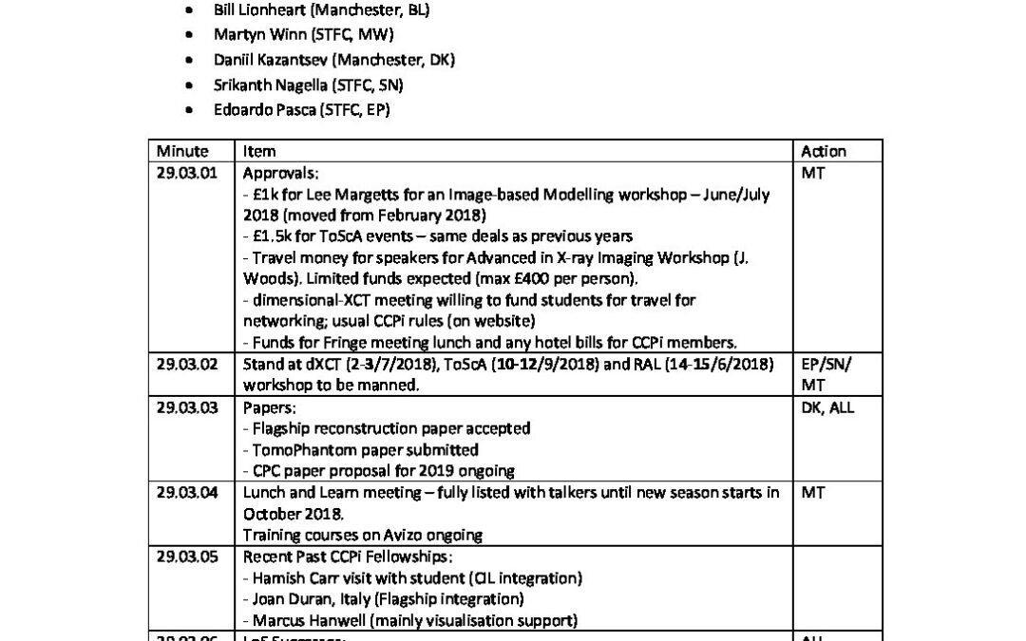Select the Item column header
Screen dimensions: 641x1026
259,151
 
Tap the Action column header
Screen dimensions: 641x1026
824,151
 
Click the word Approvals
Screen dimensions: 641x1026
280,174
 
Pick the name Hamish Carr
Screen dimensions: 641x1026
290,576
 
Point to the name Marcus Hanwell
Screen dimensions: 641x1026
303,619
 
